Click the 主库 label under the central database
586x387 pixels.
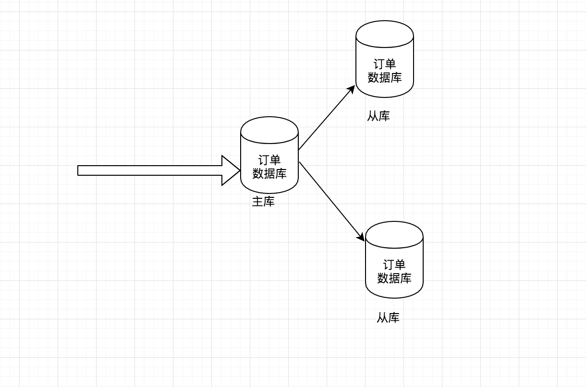(x=263, y=202)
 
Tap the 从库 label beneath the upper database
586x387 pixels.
(x=378, y=116)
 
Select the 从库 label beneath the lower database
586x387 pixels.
(x=388, y=318)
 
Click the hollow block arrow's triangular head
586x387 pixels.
(x=230, y=170)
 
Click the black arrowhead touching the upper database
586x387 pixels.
(x=352, y=89)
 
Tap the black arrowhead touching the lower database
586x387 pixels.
(x=361, y=237)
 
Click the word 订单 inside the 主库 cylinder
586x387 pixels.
(x=269, y=160)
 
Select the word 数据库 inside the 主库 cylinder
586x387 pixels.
(x=269, y=173)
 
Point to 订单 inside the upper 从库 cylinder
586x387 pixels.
(x=385, y=64)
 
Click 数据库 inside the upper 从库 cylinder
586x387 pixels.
(x=385, y=77)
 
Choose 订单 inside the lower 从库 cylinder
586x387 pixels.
(x=394, y=265)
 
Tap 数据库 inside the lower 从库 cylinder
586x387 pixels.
(x=394, y=278)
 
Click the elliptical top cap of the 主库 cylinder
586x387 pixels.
(x=269, y=130)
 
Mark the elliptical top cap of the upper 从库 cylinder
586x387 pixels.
(x=385, y=34)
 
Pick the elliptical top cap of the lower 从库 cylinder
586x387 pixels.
(x=394, y=235)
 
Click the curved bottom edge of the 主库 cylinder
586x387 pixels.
(x=269, y=193)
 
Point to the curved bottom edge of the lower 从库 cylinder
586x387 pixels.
(x=394, y=298)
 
